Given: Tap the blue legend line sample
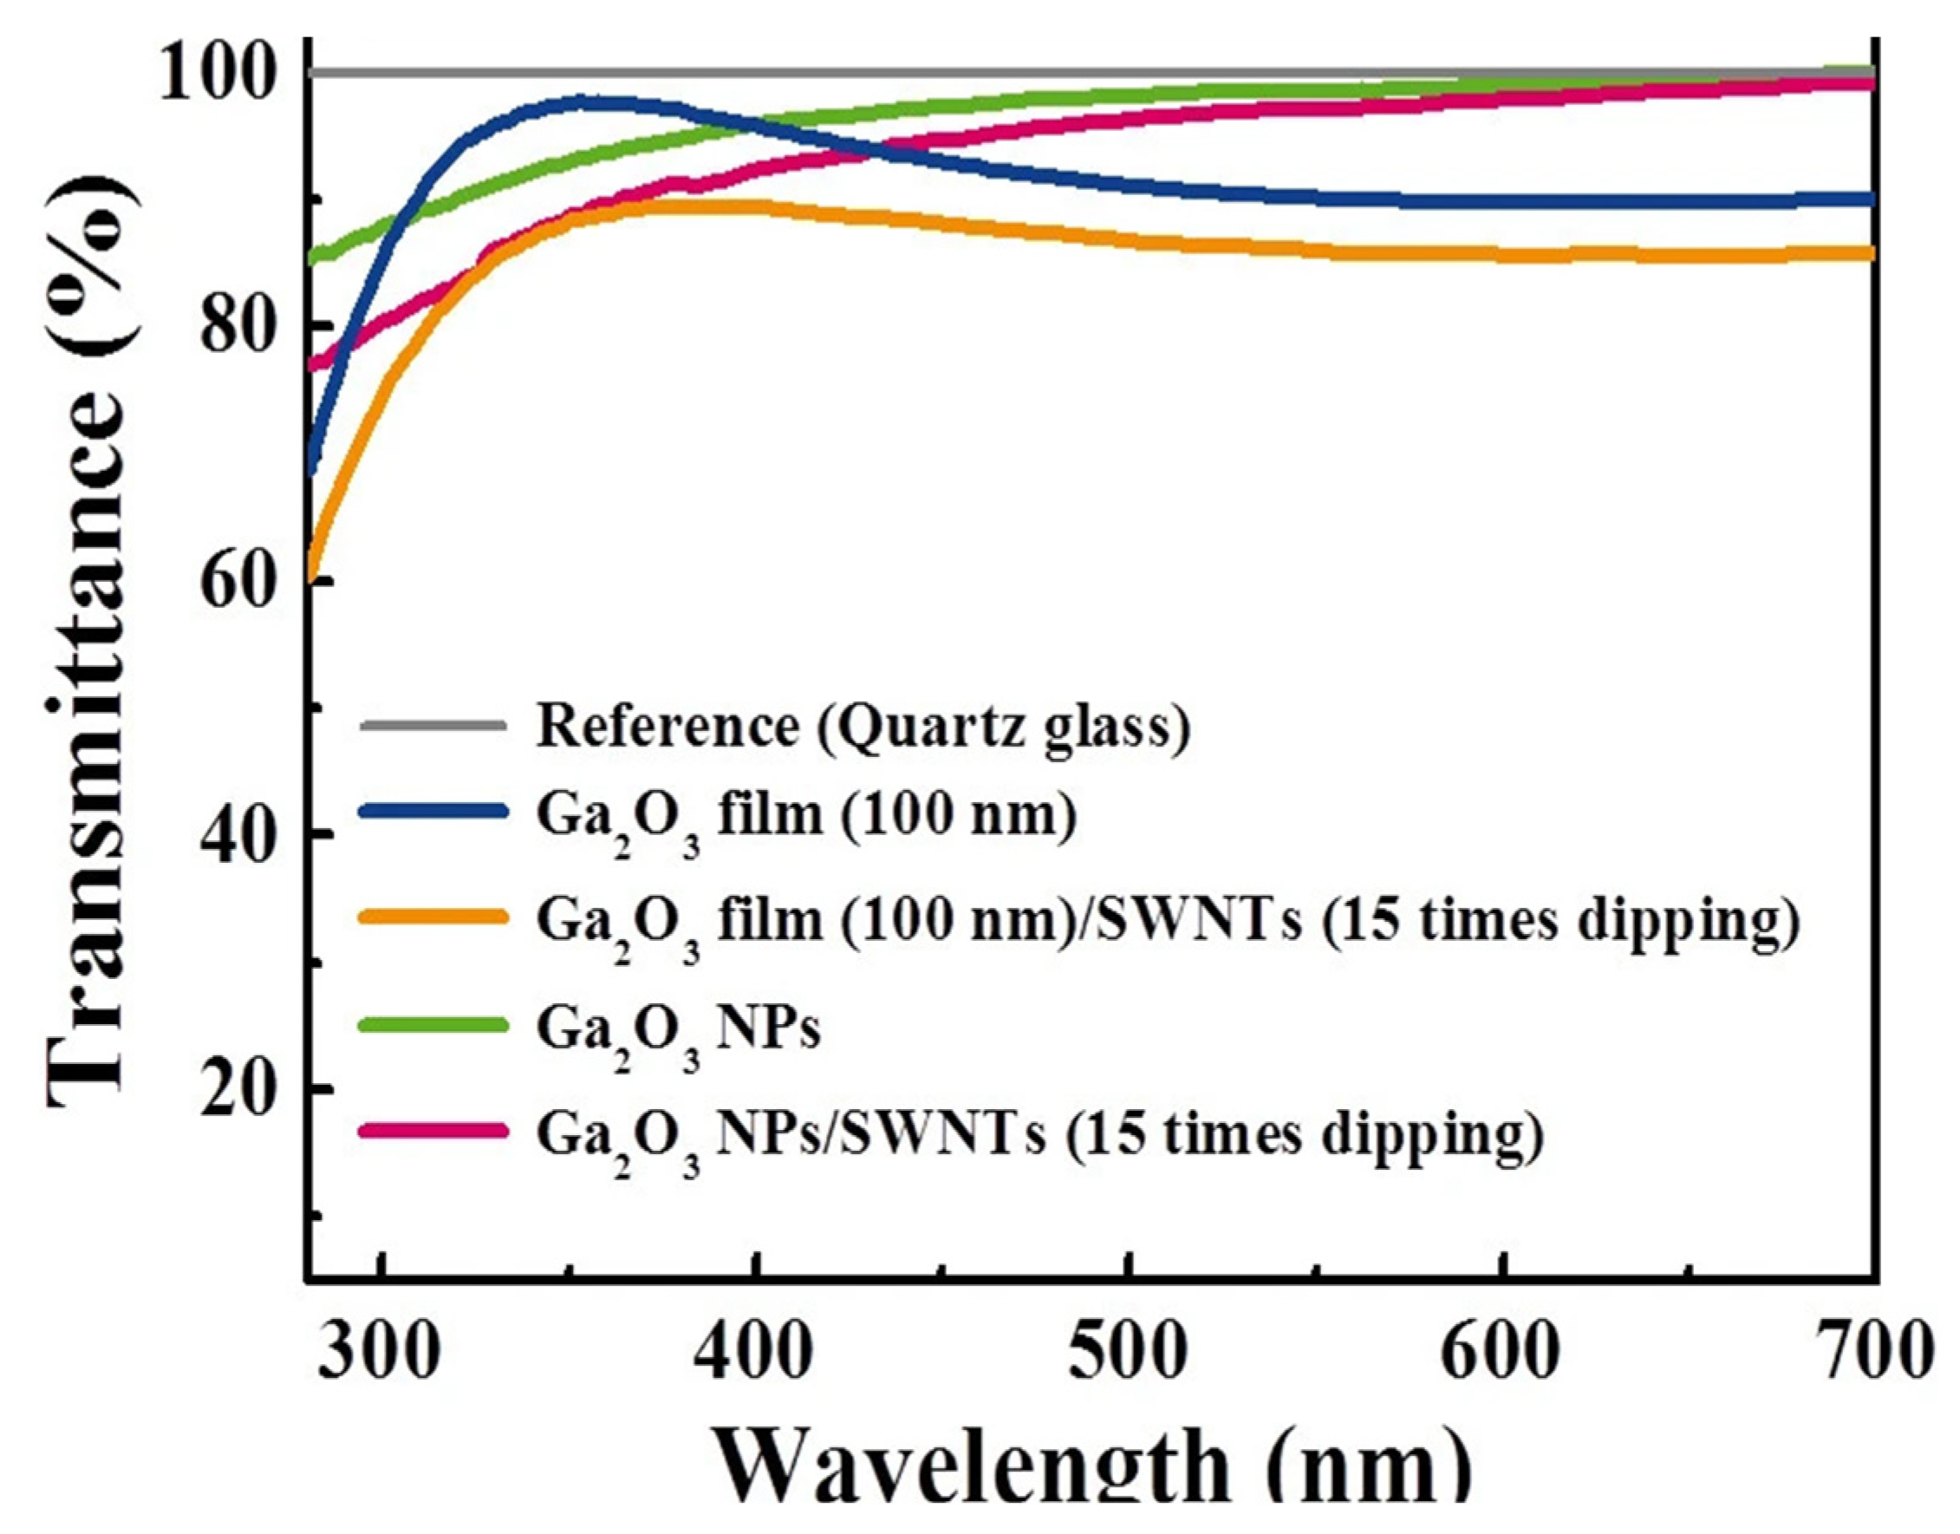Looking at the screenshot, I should pyautogui.click(x=433, y=811).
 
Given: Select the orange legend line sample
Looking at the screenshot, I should pyautogui.click(x=433, y=917).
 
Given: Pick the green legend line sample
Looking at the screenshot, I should pyautogui.click(x=433, y=1024).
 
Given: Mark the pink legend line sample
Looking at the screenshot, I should pyautogui.click(x=433, y=1130).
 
